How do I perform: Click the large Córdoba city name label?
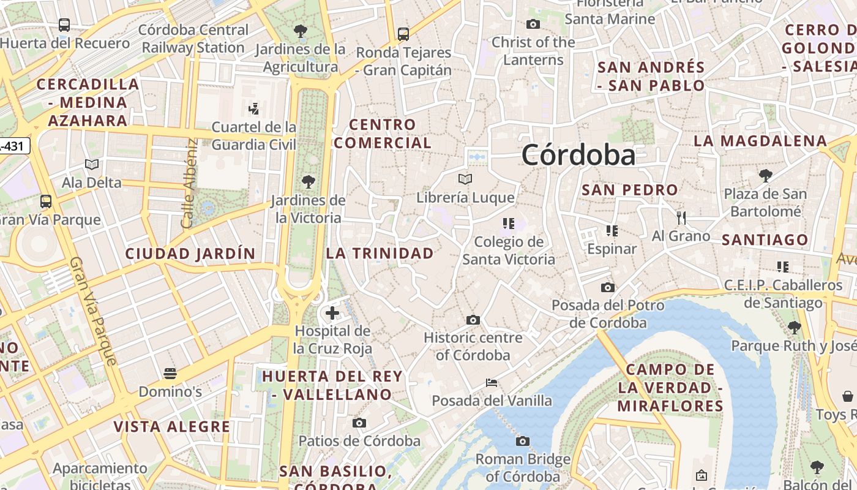(x=578, y=155)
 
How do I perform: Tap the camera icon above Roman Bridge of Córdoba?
(x=522, y=441)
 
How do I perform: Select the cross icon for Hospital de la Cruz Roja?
(x=332, y=313)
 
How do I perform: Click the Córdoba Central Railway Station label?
(x=193, y=39)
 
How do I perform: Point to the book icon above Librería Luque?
(x=465, y=179)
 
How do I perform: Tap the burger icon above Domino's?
(x=170, y=373)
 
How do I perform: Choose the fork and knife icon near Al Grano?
(x=681, y=217)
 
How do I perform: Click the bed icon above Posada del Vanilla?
(x=491, y=383)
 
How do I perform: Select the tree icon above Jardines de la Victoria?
(x=308, y=181)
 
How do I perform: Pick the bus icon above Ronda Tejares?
(x=403, y=34)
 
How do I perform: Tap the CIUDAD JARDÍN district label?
(x=190, y=253)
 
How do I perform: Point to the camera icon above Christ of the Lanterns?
(x=533, y=24)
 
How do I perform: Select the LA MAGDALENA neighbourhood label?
(x=760, y=141)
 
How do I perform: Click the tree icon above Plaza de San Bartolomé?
(x=765, y=176)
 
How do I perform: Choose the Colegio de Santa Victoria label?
(x=509, y=251)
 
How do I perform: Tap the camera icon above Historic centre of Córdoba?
(x=473, y=320)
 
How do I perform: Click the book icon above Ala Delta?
(x=92, y=164)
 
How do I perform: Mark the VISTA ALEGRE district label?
(x=172, y=426)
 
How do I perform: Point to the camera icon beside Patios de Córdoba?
(x=359, y=423)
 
